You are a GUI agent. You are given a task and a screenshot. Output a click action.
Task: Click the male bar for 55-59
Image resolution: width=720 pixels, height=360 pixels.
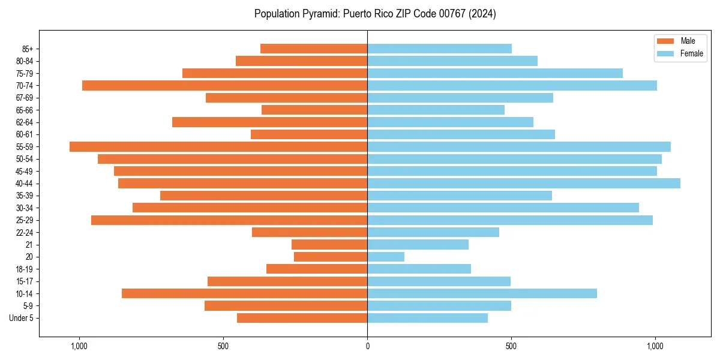(218, 146)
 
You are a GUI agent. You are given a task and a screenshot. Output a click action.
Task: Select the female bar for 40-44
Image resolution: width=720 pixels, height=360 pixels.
(524, 183)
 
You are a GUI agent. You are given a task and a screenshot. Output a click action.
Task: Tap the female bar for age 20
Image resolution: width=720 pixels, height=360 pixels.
(386, 257)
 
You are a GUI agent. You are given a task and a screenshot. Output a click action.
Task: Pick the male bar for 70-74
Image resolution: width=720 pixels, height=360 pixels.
(224, 85)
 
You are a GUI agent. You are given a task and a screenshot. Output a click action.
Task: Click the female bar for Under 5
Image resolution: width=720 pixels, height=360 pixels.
(427, 318)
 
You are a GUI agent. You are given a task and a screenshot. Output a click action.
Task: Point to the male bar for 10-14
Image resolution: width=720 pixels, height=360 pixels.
(244, 293)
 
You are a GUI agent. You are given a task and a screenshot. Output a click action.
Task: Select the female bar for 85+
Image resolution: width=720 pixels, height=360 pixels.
(439, 49)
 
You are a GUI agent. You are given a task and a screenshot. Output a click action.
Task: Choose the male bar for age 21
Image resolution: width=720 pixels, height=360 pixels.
(329, 244)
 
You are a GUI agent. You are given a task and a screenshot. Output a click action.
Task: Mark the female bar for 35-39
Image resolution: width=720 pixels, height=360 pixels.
(460, 196)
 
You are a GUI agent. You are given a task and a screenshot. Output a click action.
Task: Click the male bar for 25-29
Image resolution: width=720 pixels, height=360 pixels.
(229, 220)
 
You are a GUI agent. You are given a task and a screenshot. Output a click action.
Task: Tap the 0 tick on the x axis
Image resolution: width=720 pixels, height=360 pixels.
(367, 346)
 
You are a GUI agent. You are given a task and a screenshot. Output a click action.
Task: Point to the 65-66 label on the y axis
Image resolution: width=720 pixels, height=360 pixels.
(25, 110)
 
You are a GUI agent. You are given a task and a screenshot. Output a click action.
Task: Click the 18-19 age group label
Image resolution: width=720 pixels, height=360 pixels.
(25, 269)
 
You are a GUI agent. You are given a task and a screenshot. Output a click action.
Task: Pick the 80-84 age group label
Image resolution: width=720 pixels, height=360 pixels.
(25, 61)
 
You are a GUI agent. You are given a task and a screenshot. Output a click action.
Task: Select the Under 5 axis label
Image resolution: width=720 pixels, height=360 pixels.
(22, 318)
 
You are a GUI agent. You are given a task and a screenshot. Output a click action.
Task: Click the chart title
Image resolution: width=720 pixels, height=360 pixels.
(375, 14)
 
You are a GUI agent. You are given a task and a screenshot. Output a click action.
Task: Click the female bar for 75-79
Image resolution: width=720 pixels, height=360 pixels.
(495, 73)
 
